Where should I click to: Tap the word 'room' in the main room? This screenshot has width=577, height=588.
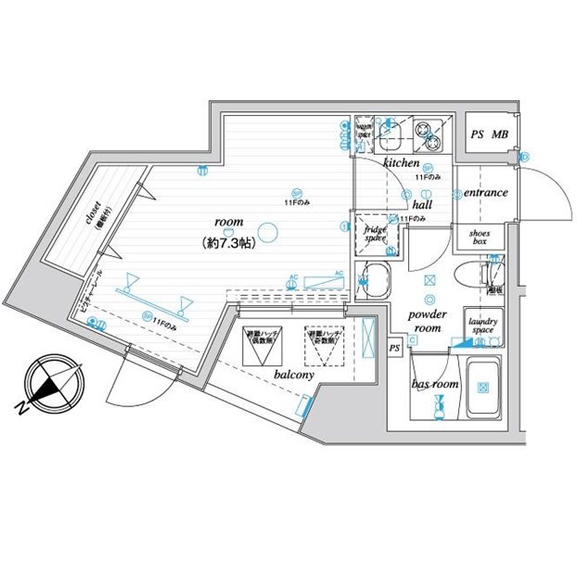(228, 224)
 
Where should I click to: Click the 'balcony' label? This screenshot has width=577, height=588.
(293, 375)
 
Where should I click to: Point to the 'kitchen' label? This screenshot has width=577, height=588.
(402, 162)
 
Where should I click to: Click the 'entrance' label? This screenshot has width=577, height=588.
(485, 193)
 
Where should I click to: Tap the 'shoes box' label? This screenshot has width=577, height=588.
(479, 236)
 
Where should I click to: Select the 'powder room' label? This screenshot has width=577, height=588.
(428, 321)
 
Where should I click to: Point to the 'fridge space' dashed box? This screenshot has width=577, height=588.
(375, 235)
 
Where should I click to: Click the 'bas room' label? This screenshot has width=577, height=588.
(435, 383)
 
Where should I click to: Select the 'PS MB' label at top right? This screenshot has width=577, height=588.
(490, 135)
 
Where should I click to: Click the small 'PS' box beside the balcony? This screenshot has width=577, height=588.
(394, 347)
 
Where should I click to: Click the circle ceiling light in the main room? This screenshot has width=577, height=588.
(267, 232)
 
